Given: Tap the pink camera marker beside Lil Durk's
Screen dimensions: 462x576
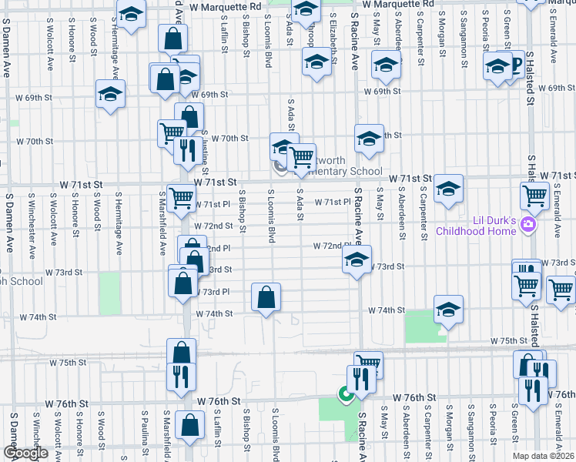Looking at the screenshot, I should coord(528,225).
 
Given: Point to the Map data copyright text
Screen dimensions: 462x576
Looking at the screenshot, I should coord(543,456).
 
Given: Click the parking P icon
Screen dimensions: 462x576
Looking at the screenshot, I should coord(515,65).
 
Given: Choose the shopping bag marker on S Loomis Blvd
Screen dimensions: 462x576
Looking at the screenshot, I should coord(266,297).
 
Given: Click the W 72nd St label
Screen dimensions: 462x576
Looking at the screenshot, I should coord(213,226).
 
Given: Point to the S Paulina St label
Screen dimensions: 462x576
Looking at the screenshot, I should coord(144,431).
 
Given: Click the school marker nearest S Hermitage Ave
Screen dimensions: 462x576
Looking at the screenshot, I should coord(111,94).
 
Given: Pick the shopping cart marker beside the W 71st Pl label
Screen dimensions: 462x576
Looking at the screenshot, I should coord(181,197).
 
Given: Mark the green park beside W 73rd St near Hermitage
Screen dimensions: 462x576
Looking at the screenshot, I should coord(110,293).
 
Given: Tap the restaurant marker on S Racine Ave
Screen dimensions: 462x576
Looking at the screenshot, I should coord(360,379).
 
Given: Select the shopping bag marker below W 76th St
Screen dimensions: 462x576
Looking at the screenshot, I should coord(189,425).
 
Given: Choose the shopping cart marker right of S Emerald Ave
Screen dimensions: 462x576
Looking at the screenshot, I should coord(561,290).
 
